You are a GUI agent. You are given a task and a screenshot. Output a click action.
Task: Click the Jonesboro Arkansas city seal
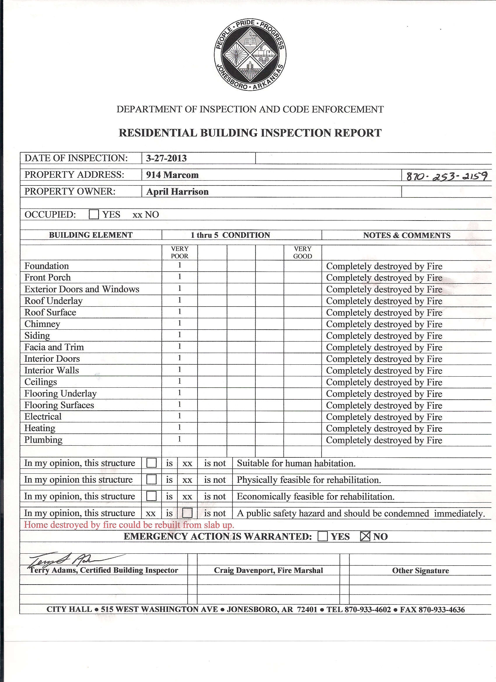tap(250, 55)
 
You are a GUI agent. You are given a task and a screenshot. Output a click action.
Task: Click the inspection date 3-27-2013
tap(166, 158)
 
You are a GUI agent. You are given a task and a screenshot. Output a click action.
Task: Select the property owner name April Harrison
tap(177, 192)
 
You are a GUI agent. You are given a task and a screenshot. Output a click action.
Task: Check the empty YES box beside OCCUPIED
tap(94, 214)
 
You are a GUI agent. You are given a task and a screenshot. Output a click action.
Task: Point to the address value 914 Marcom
tap(172, 175)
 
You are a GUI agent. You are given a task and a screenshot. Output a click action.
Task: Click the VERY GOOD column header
tap(302, 252)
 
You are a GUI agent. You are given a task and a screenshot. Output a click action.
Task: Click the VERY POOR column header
tap(179, 252)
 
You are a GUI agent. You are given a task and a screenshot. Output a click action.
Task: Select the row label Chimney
tap(42, 324)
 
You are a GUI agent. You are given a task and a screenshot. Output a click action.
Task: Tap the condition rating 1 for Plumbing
tap(179, 439)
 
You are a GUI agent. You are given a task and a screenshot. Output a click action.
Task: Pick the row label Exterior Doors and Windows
tap(81, 289)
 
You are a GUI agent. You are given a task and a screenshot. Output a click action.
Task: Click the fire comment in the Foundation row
tap(384, 266)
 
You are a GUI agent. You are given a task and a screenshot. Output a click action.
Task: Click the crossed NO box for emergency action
tap(365, 536)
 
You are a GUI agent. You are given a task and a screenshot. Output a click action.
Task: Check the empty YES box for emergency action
tap(322, 536)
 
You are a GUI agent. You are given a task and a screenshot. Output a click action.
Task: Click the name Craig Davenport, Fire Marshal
tap(268, 571)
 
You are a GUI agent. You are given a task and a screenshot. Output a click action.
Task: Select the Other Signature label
tap(420, 571)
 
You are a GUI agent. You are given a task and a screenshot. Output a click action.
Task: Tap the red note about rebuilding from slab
tap(129, 525)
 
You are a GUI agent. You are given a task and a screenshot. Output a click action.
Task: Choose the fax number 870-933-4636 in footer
tap(441, 610)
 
